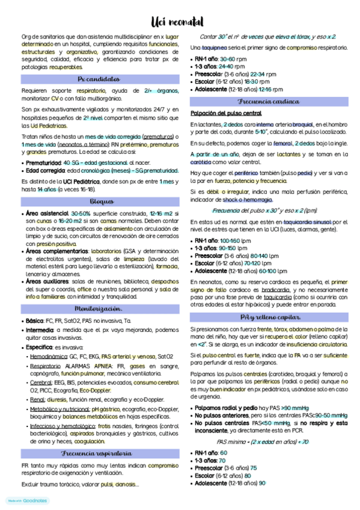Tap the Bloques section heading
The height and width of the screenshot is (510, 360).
[100, 201]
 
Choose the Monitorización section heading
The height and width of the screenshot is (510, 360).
[99, 309]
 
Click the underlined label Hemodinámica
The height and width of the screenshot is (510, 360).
[47, 357]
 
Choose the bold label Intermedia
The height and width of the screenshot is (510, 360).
[40, 330]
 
